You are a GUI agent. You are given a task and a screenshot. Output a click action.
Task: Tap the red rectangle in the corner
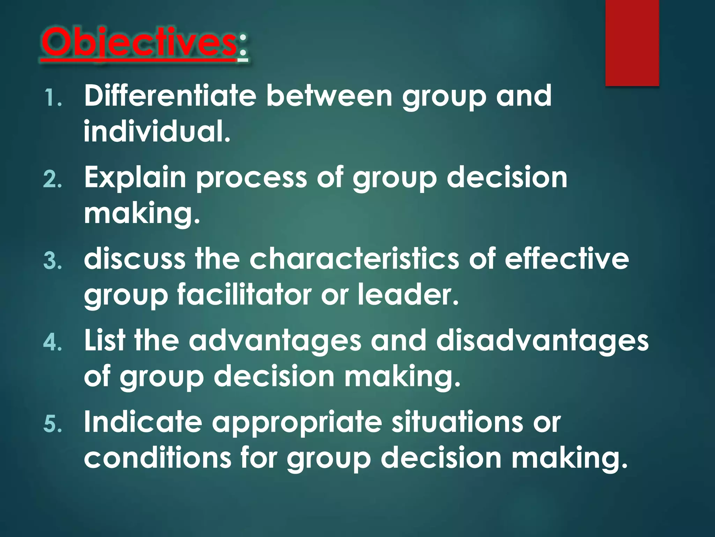pos(632,43)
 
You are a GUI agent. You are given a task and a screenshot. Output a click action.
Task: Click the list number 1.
pos(52,98)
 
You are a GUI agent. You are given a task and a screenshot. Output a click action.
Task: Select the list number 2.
pos(52,180)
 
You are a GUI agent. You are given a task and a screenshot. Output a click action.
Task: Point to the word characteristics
pos(354,259)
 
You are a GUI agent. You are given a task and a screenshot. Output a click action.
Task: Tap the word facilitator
pos(244,295)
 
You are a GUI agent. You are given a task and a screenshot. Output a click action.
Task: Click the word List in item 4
pos(104,341)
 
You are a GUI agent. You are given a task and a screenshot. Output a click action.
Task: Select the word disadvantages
pos(542,341)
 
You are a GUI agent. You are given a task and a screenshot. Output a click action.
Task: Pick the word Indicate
pos(143,422)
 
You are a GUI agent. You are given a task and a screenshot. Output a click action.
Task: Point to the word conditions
pos(157,458)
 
